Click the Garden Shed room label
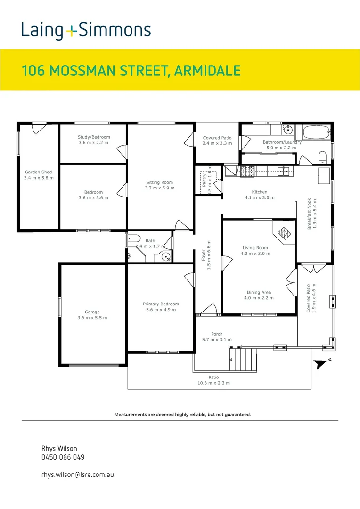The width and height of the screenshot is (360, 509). pyautogui.click(x=39, y=172)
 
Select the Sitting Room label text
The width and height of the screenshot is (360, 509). pyautogui.click(x=159, y=182)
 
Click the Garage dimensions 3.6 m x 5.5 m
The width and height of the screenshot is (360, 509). pyautogui.click(x=92, y=318)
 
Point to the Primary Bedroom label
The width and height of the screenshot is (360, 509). pyautogui.click(x=161, y=304)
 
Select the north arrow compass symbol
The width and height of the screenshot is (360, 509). pyautogui.click(x=322, y=363)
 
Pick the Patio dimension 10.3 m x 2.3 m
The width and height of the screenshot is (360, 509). pyautogui.click(x=214, y=383)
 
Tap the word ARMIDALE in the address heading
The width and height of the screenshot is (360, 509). pyautogui.click(x=207, y=71)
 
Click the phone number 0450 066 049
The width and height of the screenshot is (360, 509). pyautogui.click(x=63, y=457)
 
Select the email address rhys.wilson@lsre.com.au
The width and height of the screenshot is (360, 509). pyautogui.click(x=78, y=475)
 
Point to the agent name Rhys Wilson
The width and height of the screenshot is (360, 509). pyautogui.click(x=59, y=448)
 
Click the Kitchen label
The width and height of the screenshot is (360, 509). pyautogui.click(x=259, y=192)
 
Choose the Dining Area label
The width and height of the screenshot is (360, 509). pyautogui.click(x=258, y=292)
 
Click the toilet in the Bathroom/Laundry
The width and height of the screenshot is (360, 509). pyautogui.click(x=323, y=156)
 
